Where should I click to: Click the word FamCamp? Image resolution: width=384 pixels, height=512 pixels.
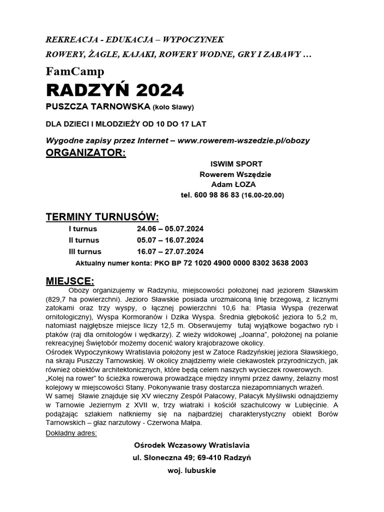point(75,71)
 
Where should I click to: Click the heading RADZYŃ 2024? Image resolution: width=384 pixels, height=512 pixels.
point(115,90)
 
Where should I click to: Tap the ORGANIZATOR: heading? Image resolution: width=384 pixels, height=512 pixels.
point(86,152)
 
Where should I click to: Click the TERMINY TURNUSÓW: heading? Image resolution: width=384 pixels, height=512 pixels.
point(102,217)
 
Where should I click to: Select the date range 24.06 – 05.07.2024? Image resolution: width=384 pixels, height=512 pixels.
point(170,229)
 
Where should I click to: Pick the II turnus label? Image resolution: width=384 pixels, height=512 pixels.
point(84,240)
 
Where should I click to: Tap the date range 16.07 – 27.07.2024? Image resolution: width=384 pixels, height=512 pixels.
point(170,251)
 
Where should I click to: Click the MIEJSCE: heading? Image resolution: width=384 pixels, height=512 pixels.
point(69,278)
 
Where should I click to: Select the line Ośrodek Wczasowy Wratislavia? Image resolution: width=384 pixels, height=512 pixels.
point(191,445)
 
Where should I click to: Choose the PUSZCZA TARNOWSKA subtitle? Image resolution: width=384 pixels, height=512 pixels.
point(98,107)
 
